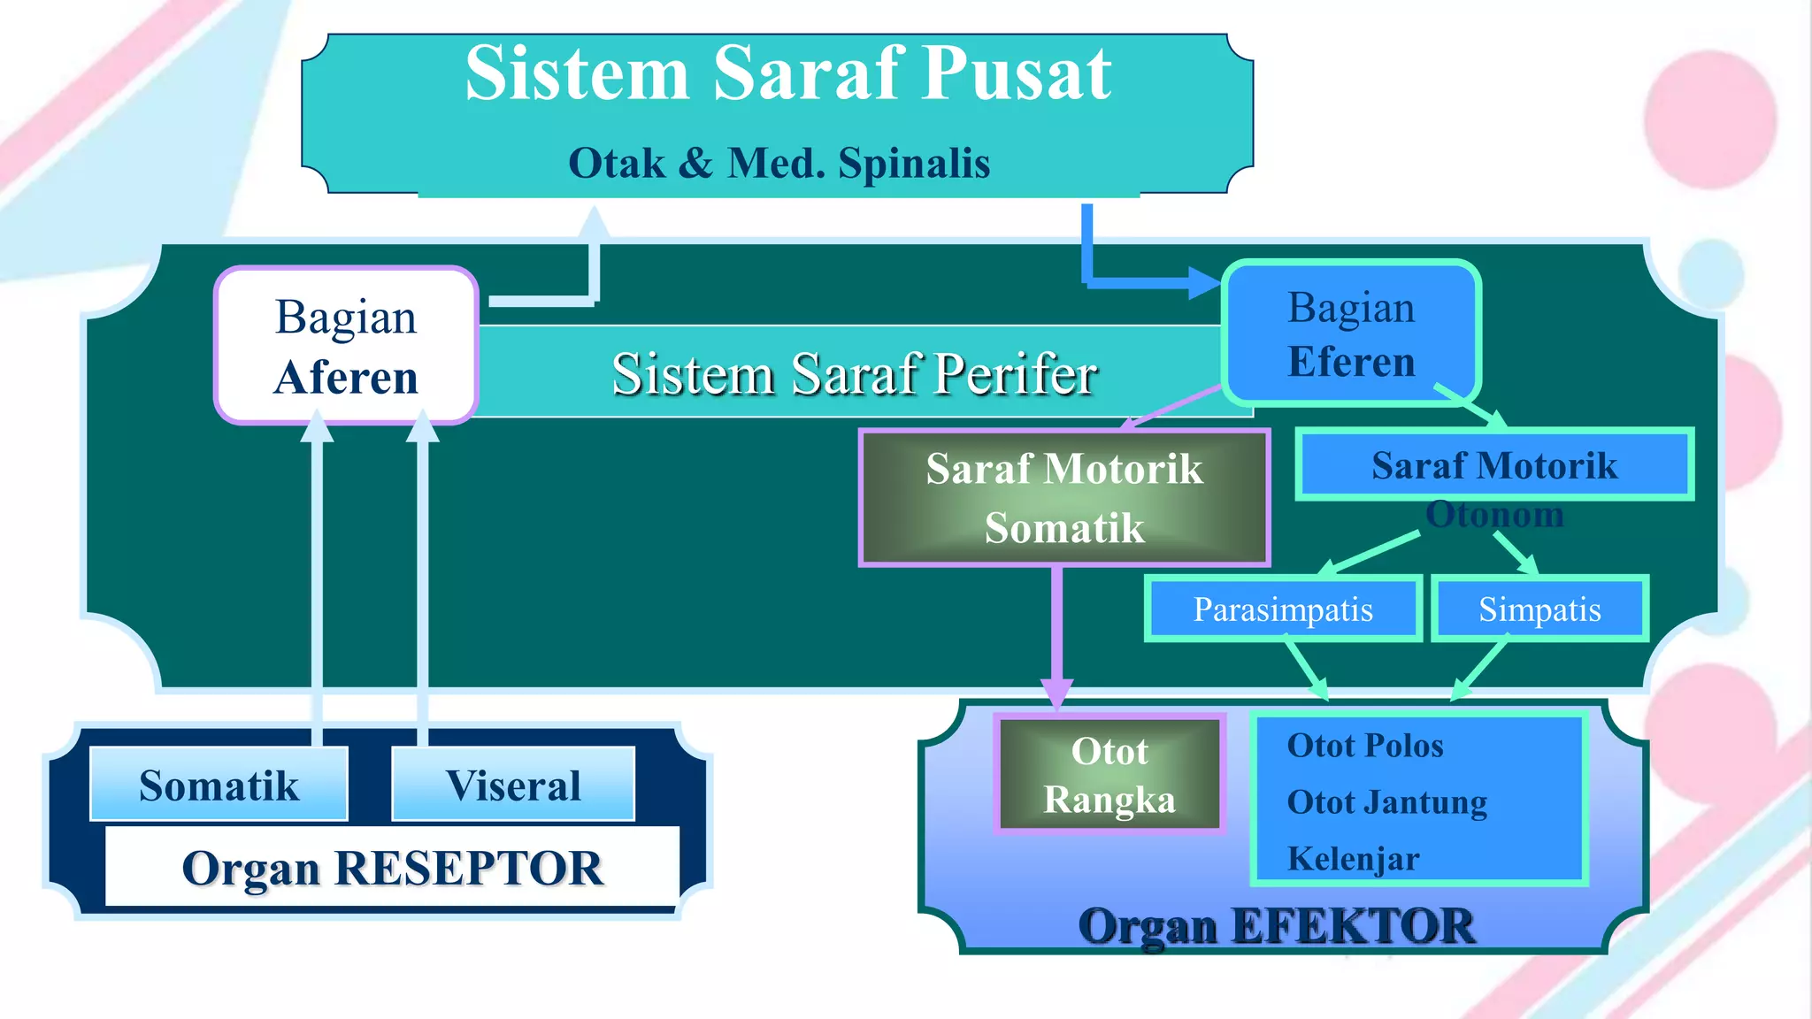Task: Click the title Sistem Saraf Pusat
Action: coord(787,74)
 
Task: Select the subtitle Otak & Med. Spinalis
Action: coord(779,164)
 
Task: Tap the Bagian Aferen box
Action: coord(346,346)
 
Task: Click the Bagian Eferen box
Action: coord(1351,334)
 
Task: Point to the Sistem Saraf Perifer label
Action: coord(854,373)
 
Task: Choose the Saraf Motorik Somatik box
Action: coord(1063,498)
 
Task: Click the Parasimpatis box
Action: coord(1283,609)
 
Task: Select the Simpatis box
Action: coord(1539,609)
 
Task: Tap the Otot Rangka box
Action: coord(1109,775)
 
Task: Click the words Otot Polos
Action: coord(1364,746)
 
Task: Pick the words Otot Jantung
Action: coord(1386,802)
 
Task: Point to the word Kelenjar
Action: coord(1353,859)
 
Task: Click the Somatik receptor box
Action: coord(219,785)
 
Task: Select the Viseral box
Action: coord(513,785)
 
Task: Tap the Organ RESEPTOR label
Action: coord(392,868)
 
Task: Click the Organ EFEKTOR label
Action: coord(1276,926)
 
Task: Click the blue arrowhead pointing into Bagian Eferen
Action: coord(1205,283)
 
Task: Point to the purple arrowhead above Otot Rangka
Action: coord(1057,693)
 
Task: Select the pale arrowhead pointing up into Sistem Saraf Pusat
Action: coord(595,222)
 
